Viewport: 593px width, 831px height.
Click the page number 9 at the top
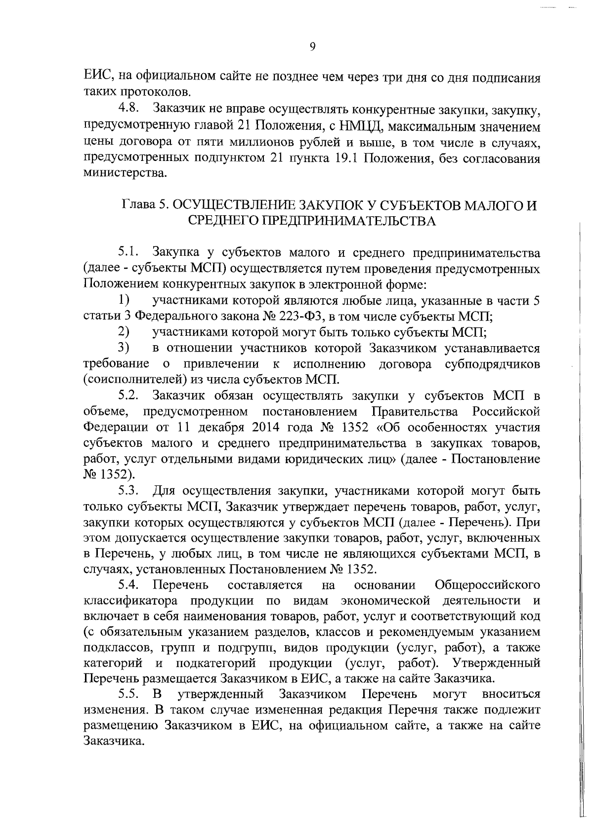(312, 47)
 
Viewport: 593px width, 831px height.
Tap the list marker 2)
(124, 332)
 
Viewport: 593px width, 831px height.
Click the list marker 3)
(124, 348)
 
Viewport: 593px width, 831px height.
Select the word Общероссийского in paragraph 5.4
(487, 586)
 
